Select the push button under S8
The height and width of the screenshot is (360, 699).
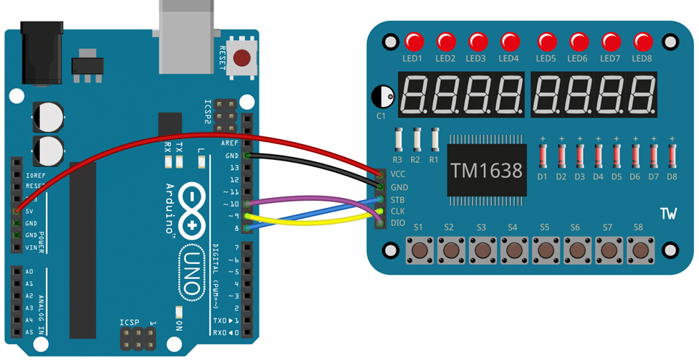tap(639, 250)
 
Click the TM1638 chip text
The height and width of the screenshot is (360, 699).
tap(488, 170)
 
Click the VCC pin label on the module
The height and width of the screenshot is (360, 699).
tap(398, 174)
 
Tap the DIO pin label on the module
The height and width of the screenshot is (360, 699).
tap(398, 223)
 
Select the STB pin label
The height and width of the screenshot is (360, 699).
tap(398, 199)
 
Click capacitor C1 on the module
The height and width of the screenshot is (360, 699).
tap(383, 97)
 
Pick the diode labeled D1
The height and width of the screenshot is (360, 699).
tap(543, 156)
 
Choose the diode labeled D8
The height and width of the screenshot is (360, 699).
tap(672, 156)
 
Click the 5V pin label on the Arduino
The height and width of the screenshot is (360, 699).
tap(30, 211)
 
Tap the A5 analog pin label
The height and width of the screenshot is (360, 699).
tap(29, 333)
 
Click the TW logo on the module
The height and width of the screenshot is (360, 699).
tap(667, 214)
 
